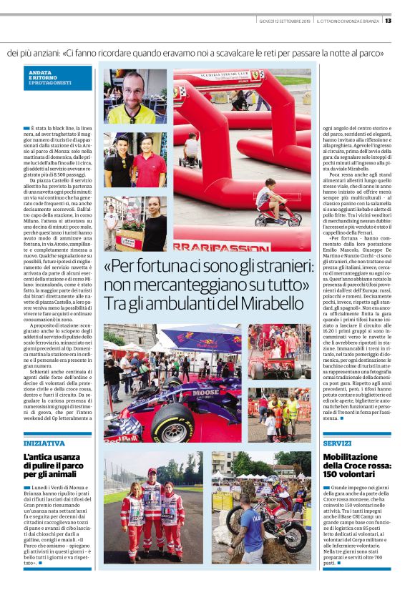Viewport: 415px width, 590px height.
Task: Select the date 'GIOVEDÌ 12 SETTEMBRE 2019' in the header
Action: pos(283,20)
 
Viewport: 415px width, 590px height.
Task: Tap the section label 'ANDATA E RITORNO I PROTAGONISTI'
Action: pos(48,79)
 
